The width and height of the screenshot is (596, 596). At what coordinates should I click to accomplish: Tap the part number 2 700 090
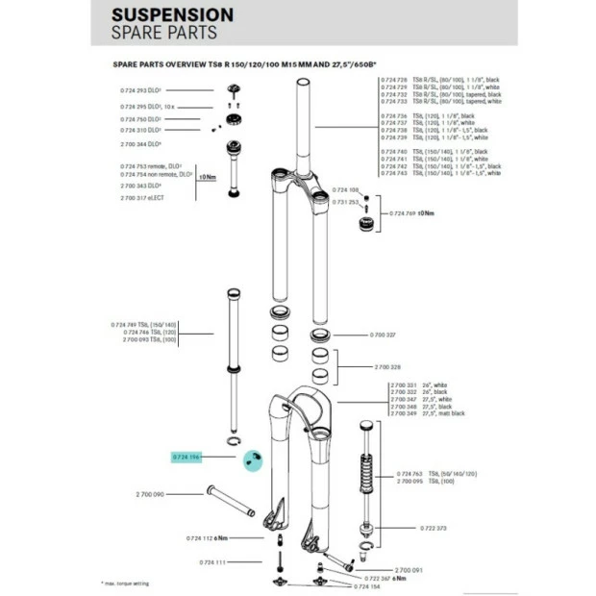pyautogui.click(x=145, y=493)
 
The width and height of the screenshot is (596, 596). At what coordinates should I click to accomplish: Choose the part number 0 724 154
pyautogui.click(x=368, y=585)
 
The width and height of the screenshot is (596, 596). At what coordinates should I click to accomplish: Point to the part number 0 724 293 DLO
pyautogui.click(x=140, y=90)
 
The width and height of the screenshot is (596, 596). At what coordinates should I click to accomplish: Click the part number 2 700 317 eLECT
pyautogui.click(x=143, y=197)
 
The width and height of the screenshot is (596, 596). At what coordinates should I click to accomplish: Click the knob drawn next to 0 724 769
pyautogui.click(x=369, y=224)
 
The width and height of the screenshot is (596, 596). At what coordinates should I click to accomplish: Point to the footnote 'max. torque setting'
pyautogui.click(x=129, y=584)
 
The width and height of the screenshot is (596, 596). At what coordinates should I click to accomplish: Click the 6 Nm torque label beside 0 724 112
pyautogui.click(x=220, y=539)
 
